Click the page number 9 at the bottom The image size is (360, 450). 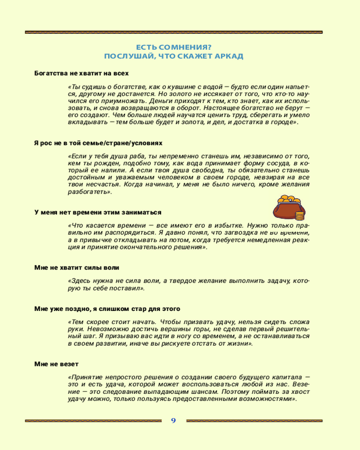pos(173,421)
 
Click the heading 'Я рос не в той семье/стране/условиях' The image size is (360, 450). pos(98,143)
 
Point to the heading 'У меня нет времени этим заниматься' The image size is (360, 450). pos(98,212)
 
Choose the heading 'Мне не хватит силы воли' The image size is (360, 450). pos(77,268)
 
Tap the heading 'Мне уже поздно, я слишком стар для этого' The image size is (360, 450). pos(107,309)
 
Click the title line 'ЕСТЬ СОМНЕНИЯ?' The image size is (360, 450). pos(174,47)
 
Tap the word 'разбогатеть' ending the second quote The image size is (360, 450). pos(89,192)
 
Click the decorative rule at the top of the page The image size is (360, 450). pos(174,32)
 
